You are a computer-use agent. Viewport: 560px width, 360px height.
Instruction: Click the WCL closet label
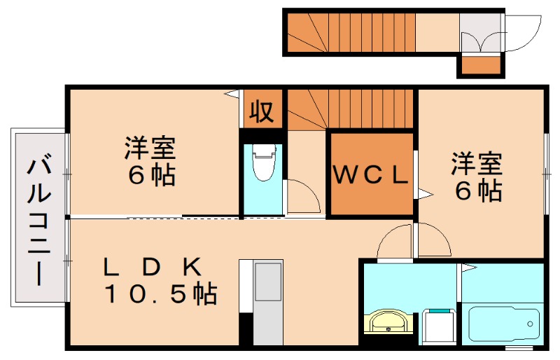click(x=370, y=174)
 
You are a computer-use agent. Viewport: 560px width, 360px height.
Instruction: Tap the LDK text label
click(x=152, y=266)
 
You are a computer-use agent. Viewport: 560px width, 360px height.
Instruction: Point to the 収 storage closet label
click(x=262, y=111)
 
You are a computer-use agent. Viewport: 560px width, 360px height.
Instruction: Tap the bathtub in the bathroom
click(x=503, y=324)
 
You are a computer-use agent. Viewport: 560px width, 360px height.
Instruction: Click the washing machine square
click(x=438, y=326)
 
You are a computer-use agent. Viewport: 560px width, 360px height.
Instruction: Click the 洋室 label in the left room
click(x=150, y=148)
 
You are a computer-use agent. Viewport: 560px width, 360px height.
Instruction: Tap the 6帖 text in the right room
click(x=477, y=190)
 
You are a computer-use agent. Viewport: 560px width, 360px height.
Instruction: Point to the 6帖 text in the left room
click(x=150, y=174)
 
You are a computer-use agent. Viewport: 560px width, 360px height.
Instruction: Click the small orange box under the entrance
click(x=480, y=66)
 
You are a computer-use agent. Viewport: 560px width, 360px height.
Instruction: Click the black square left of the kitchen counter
click(x=246, y=328)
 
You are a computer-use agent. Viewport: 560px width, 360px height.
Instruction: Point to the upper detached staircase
click(x=350, y=32)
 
